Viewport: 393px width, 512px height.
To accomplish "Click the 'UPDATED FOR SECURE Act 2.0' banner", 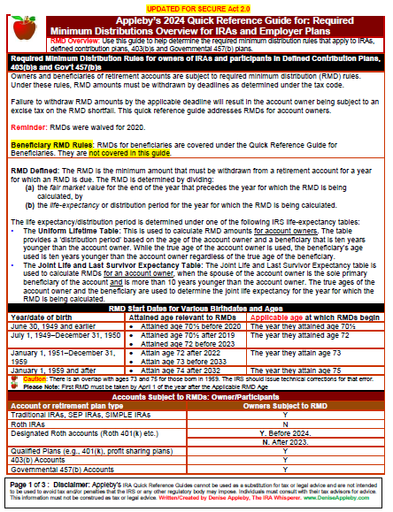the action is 196,6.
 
